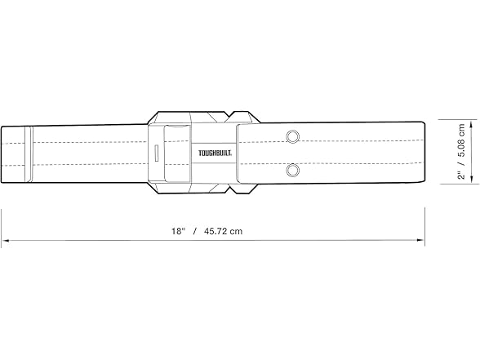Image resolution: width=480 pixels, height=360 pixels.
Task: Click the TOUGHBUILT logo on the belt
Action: pyautogui.click(x=213, y=153)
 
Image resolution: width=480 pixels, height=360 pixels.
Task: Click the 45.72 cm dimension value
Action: pyautogui.click(x=224, y=231)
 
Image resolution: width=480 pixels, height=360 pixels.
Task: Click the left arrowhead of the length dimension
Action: pyautogui.click(x=4, y=241)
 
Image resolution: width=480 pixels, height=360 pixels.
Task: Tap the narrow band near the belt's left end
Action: pyautogui.click(x=27, y=153)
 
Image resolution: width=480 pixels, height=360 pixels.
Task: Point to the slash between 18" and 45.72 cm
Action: pyautogui.click(x=195, y=231)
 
